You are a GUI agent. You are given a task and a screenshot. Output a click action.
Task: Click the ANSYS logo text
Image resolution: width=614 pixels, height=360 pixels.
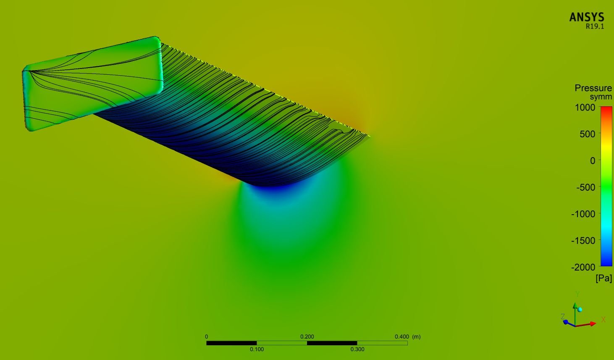click(587, 17)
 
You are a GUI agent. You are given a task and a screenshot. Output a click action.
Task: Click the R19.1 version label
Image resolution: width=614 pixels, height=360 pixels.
click(595, 26)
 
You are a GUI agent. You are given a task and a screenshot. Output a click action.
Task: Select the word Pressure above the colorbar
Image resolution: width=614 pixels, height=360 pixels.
click(593, 88)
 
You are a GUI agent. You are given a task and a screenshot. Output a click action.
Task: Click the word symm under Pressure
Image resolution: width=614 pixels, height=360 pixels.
click(601, 97)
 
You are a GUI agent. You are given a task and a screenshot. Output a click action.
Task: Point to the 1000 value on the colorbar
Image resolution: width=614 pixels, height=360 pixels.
click(585, 107)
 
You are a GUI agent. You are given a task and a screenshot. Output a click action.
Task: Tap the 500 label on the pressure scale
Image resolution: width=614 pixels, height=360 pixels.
click(588, 134)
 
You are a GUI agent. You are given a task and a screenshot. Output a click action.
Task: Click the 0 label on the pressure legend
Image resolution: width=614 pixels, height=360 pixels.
click(593, 160)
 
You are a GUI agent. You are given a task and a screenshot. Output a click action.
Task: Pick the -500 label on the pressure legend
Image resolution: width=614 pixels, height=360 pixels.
click(586, 187)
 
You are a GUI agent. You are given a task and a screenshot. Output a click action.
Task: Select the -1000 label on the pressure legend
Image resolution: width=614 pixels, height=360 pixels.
click(583, 214)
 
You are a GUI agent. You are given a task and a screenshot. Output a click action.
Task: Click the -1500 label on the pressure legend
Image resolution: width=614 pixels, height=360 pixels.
click(583, 240)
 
